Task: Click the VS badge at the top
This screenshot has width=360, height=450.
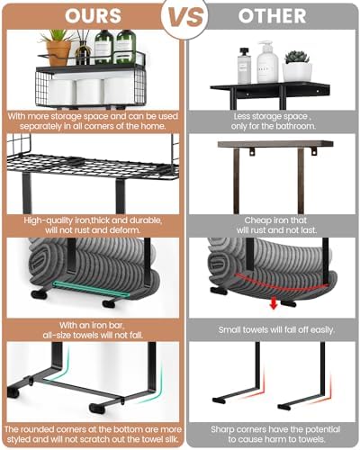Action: (x=184, y=17)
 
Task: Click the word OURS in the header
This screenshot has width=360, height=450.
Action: (x=93, y=16)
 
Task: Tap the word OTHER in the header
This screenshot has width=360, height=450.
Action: (x=272, y=16)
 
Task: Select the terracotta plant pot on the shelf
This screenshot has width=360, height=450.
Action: (x=58, y=53)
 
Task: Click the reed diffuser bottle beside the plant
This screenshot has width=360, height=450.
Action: (x=83, y=52)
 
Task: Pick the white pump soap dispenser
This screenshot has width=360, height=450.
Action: (x=267, y=62)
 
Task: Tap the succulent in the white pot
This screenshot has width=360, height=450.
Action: (x=297, y=57)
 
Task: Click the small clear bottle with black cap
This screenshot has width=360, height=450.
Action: (x=244, y=66)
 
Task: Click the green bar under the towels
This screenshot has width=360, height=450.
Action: (x=91, y=289)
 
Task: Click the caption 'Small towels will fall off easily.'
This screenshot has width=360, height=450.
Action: (x=276, y=329)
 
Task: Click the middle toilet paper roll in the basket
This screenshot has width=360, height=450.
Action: (x=90, y=92)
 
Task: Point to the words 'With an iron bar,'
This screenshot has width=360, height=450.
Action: (x=91, y=325)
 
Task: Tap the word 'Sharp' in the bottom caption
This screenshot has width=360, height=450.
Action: (x=223, y=429)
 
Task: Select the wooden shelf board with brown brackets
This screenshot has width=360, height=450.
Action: (x=275, y=144)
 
